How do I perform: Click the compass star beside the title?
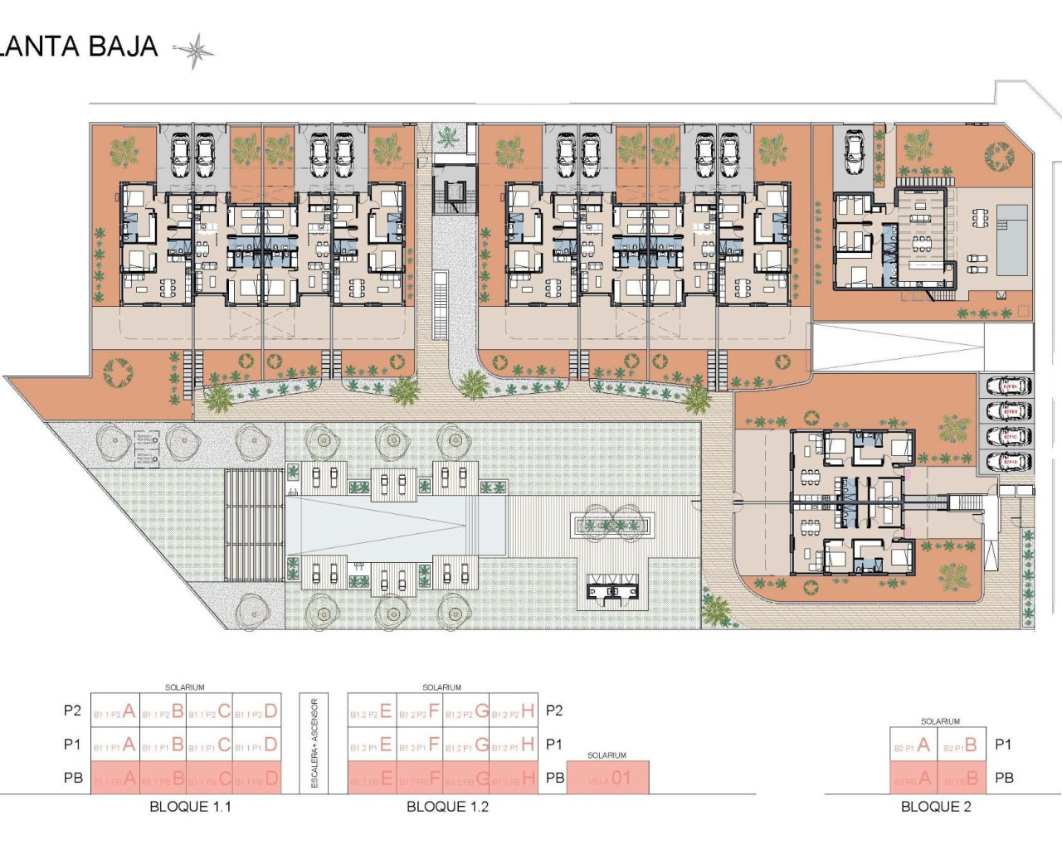196,51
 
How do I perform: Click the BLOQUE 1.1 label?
190,806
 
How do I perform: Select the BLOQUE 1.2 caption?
447,806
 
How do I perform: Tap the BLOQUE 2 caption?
936,806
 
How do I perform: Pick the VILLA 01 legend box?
607,779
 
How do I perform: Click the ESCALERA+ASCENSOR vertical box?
314,744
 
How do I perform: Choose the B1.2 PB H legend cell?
514,779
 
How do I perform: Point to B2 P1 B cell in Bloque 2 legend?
962,745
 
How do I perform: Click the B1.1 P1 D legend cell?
256,745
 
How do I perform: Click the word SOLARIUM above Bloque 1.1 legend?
184,687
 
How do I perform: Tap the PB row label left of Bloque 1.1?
73,778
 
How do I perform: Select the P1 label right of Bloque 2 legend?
1002,745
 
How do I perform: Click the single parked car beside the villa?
855,151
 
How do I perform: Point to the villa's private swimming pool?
1011,240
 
